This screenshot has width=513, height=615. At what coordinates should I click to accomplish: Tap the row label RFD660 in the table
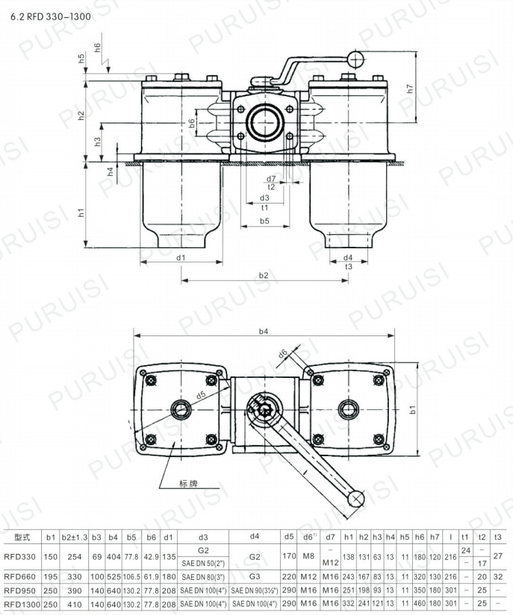pyautogui.click(x=20, y=576)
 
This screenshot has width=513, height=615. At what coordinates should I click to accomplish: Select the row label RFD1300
pyautogui.click(x=22, y=603)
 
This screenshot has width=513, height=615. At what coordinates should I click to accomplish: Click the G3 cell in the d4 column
pyautogui.click(x=254, y=576)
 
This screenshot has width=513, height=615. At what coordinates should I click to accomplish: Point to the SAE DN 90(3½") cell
pyautogui.click(x=254, y=590)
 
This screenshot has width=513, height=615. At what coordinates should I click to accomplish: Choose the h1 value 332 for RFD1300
pyautogui.click(x=348, y=603)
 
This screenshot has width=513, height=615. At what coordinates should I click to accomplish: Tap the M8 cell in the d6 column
pyautogui.click(x=308, y=556)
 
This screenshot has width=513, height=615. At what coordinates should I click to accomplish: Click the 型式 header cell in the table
pyautogui.click(x=21, y=536)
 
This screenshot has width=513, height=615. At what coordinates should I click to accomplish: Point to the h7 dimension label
pyautogui.click(x=409, y=87)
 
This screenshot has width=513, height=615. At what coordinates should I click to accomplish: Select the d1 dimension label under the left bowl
pyautogui.click(x=181, y=258)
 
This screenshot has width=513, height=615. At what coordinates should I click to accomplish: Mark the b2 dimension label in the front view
pyautogui.click(x=263, y=275)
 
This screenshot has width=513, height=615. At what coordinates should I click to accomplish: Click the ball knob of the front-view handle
pyautogui.click(x=358, y=57)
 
